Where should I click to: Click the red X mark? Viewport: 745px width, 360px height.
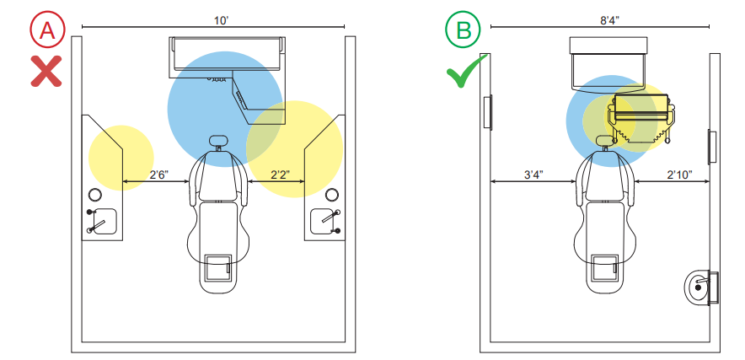(46, 71)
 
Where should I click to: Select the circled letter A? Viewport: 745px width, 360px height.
(46, 30)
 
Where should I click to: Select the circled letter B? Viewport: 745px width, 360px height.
(463, 30)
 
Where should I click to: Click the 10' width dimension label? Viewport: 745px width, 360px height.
(221, 20)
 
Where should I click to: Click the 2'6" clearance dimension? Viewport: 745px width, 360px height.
(160, 175)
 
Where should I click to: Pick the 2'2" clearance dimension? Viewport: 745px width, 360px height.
(281, 175)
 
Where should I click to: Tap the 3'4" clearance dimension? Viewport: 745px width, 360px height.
(533, 175)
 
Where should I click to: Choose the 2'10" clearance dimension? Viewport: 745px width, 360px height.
(680, 175)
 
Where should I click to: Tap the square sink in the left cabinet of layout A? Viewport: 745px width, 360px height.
(103, 222)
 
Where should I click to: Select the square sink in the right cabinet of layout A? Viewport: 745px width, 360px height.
(325, 222)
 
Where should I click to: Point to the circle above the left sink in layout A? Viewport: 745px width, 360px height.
(94, 195)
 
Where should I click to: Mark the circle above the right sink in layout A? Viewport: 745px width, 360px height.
(332, 195)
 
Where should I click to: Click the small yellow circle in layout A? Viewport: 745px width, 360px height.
(121, 158)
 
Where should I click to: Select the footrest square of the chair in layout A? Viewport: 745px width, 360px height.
(218, 268)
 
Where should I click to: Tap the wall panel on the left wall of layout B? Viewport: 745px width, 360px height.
(487, 112)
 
